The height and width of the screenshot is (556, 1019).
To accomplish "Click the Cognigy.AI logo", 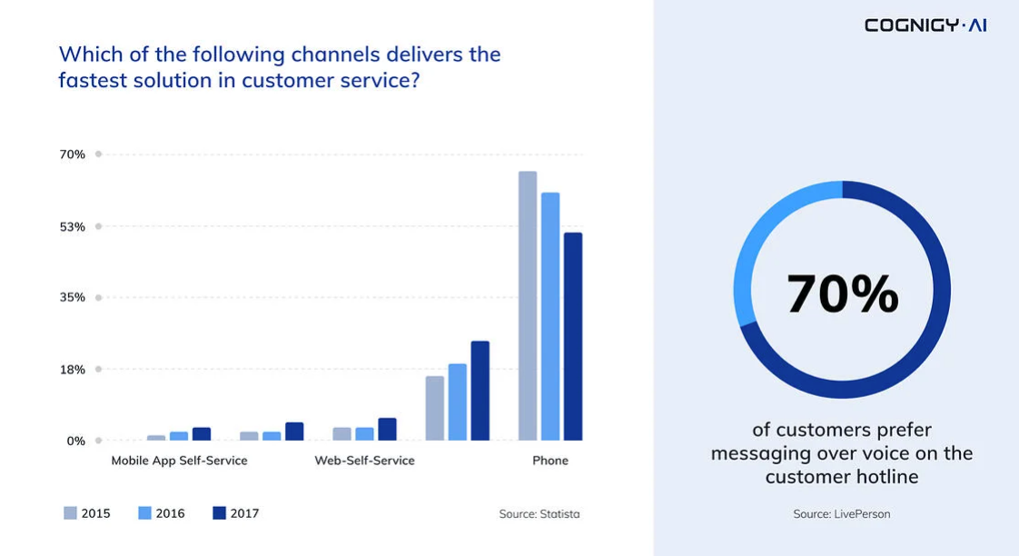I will tap(925, 25).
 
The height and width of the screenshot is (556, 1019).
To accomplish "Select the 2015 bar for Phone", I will tap(528, 305).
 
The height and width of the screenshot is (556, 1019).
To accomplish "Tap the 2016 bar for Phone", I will tap(550, 316).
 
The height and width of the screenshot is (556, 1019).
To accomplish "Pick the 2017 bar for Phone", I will tap(573, 336).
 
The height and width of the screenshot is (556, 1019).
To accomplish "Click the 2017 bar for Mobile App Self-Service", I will tap(202, 434).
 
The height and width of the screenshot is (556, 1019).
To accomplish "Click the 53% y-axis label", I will tap(73, 226).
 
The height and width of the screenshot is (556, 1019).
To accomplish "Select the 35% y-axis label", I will tap(73, 297).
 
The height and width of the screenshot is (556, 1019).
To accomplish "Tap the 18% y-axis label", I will tap(73, 369).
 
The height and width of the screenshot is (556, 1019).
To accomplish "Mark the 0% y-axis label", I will tap(76, 441).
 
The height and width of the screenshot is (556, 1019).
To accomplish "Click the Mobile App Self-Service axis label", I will tap(179, 461).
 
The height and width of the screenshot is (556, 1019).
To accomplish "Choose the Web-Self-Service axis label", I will tap(364, 461).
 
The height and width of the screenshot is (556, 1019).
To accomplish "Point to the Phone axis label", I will tap(550, 461).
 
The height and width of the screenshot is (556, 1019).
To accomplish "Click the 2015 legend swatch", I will tap(70, 513).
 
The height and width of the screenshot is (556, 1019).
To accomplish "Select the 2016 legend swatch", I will tap(144, 513).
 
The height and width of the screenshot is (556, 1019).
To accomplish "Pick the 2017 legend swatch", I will tap(219, 513).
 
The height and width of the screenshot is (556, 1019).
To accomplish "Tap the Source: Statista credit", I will tap(539, 514).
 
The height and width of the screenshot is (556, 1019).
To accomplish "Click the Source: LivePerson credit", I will tap(842, 514).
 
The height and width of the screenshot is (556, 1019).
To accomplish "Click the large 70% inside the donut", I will tap(842, 293).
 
